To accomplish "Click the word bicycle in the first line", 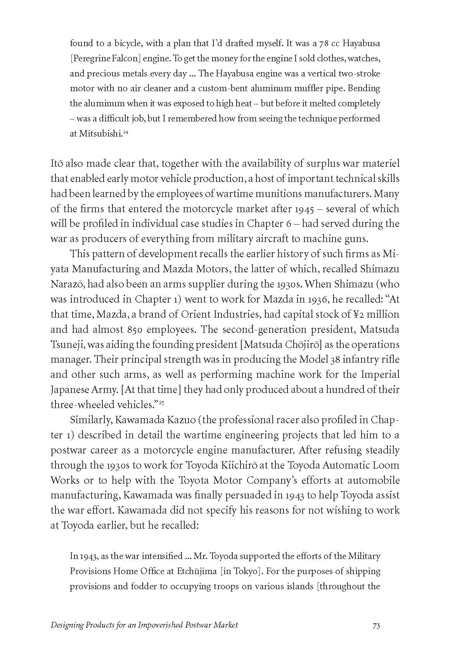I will point(122,43).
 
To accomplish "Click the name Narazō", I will point(67,284).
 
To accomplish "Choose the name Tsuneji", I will point(66,345).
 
